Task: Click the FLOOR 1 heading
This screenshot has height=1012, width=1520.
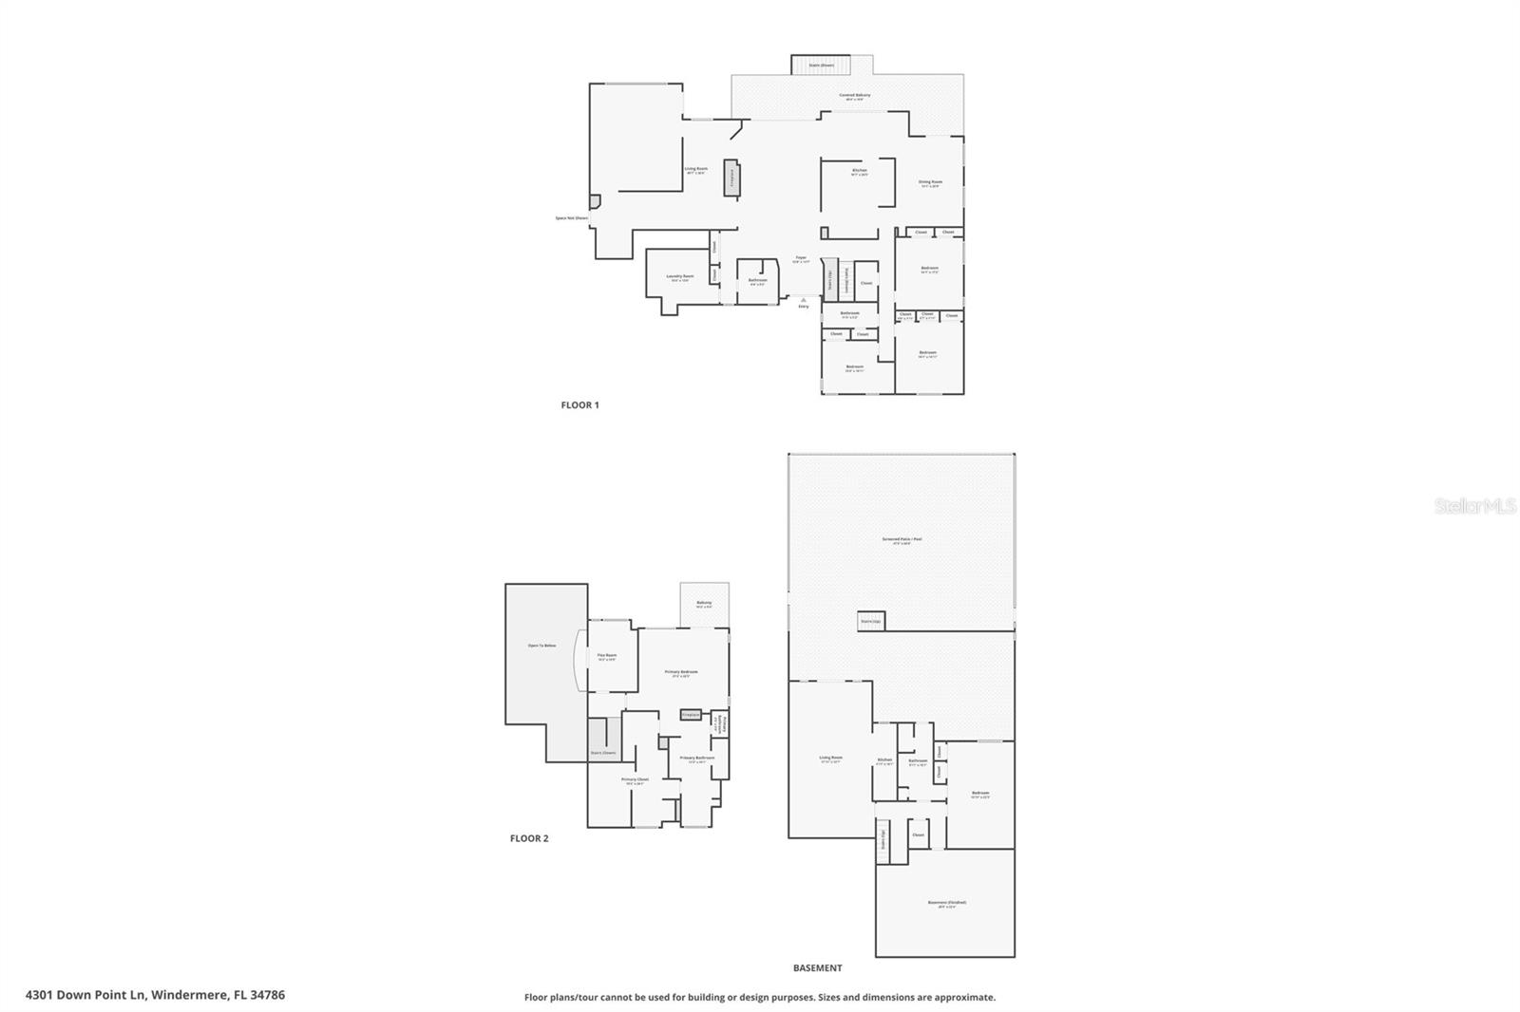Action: pos(579,405)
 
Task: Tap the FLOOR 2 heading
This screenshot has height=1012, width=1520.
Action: pos(529,838)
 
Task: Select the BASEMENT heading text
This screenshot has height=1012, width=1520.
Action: pos(817,968)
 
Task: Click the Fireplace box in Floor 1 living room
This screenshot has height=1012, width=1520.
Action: pos(731,178)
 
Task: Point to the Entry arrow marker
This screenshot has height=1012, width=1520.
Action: pos(803,300)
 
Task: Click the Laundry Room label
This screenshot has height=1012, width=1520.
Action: pos(680,277)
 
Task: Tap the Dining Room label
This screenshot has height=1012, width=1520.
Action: pos(930,182)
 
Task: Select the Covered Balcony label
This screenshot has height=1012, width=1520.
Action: pos(854,96)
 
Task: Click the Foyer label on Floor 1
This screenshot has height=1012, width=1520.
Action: pos(801,258)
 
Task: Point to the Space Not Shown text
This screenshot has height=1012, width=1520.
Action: pos(572,218)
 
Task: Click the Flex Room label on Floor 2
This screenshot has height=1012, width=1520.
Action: pos(607,656)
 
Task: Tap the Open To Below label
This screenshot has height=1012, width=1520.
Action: pos(541,646)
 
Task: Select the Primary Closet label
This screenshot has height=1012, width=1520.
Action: pos(635,780)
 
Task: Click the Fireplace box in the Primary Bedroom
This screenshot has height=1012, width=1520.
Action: pos(691,715)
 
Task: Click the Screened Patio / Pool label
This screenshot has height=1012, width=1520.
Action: pos(902,540)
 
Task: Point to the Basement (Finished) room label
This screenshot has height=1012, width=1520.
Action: pos(946,903)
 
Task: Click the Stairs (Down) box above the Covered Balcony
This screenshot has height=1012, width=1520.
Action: pos(821,65)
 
